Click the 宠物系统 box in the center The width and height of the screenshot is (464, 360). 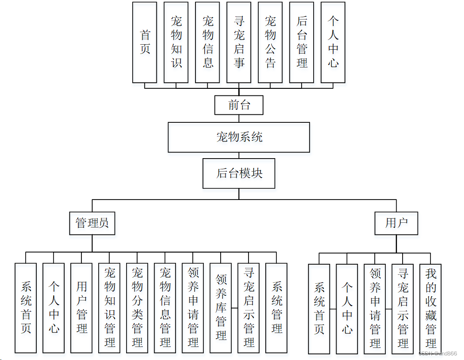pos(239,137)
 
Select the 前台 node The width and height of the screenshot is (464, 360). pos(239,105)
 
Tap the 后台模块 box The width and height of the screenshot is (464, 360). pos(239,173)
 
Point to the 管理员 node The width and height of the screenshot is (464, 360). pos(92,223)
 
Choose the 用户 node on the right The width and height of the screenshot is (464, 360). pos(396,223)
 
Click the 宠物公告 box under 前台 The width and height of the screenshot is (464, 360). pos(270,42)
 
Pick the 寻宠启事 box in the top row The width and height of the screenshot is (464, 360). pos(239,42)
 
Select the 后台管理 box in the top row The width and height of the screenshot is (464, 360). pos(302,42)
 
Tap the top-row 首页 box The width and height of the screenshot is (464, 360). pos(145,42)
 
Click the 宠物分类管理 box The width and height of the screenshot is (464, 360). pos(137,307)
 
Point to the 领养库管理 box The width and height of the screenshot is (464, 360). pos(221,307)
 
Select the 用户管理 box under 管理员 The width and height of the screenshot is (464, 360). pos(81,307)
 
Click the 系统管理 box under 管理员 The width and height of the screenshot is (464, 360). pos(276,307)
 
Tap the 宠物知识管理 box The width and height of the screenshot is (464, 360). pos(109,307)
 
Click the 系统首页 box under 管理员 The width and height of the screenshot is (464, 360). pos(26,307)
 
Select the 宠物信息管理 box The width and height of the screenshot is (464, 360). pos(165,307)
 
